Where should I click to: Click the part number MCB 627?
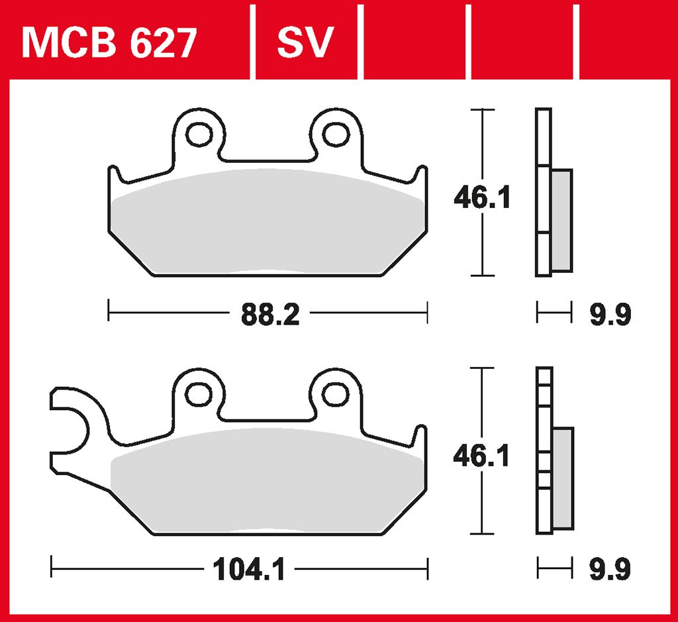pyautogui.click(x=109, y=43)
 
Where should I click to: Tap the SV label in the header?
pyautogui.click(x=305, y=43)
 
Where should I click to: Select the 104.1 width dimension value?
pyautogui.click(x=249, y=569)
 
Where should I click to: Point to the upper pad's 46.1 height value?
pyautogui.click(x=481, y=197)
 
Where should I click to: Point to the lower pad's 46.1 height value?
pyautogui.click(x=481, y=456)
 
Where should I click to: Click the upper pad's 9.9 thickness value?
pyautogui.click(x=610, y=315)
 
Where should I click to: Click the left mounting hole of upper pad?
pyautogui.click(x=197, y=134)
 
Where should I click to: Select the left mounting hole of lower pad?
pyautogui.click(x=197, y=393)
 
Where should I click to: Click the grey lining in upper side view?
pyautogui.click(x=561, y=220)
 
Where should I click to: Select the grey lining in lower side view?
pyautogui.click(x=562, y=479)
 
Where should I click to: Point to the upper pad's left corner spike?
pyautogui.click(x=115, y=176)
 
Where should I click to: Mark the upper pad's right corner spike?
pyautogui.click(x=420, y=176)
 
